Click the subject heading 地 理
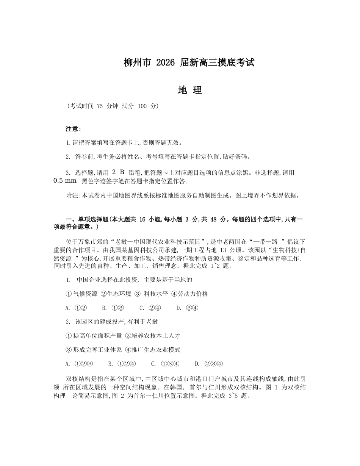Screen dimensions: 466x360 pyautogui.click(x=190, y=90)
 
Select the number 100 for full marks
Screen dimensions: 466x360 pyautogui.click(x=142, y=106)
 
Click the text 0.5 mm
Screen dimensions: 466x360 pyautogui.click(x=65, y=181)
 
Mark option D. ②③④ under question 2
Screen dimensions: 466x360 pyautogui.click(x=209, y=364)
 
